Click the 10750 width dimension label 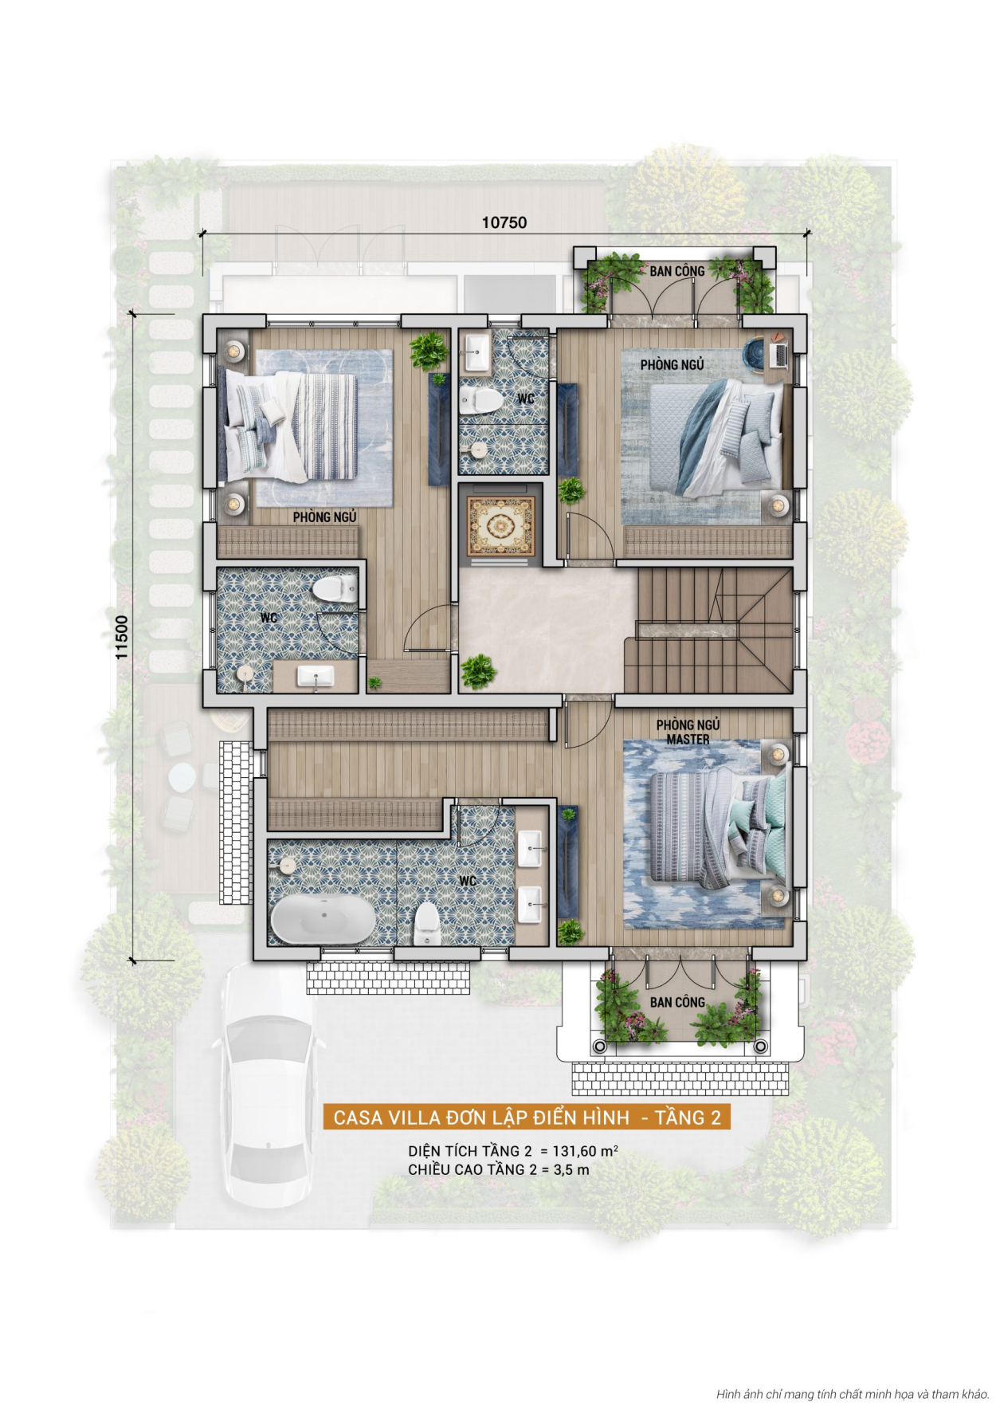[504, 222]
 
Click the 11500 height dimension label [122, 637]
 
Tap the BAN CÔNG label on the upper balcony [676, 272]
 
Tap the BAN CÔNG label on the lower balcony [677, 1002]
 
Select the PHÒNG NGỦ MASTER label [688, 732]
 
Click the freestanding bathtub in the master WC [323, 918]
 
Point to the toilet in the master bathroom [427, 923]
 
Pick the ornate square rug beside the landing [500, 525]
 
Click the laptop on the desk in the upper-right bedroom [778, 352]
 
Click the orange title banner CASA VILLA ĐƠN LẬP [527, 1117]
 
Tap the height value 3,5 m [571, 1170]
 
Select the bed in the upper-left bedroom [291, 426]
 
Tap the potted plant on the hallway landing [478, 671]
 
